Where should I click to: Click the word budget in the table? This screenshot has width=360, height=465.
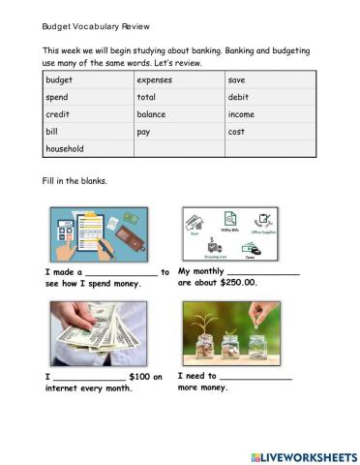59,79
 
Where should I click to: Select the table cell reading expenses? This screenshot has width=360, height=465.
155,79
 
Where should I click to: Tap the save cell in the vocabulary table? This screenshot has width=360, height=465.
237,79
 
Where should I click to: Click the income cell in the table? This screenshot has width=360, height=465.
242,114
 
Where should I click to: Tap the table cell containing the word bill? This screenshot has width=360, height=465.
52,132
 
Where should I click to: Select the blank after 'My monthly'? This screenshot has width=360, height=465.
261,274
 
